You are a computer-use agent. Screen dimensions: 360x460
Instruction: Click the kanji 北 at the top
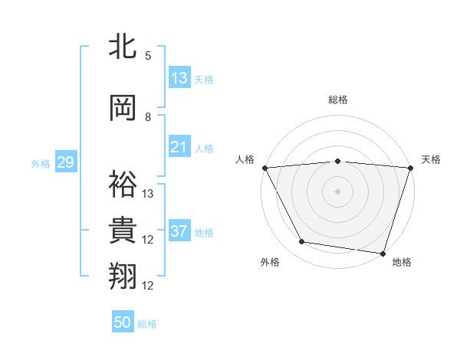coord(123,46)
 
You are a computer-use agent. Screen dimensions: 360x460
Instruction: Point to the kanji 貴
coord(123,229)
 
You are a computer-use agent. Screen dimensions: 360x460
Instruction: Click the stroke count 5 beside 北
coord(148,55)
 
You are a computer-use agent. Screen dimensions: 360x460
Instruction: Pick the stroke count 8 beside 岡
coord(148,117)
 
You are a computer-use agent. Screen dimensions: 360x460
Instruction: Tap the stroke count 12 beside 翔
coord(148,286)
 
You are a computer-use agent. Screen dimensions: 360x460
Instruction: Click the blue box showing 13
coord(179,78)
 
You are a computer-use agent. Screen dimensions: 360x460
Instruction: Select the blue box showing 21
coord(179,147)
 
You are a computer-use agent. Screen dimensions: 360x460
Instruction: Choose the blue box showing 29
coord(65,162)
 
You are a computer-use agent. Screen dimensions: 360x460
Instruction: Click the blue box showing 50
coord(123,322)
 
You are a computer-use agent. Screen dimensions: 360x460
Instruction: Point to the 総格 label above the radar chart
coord(337,100)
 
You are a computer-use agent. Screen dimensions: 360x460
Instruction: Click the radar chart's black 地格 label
coord(402,262)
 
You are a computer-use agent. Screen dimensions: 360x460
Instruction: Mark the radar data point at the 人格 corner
coord(264,167)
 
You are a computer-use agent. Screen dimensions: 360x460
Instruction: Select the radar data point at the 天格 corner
coord(410,167)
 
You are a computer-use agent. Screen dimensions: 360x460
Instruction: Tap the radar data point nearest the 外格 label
coord(302,242)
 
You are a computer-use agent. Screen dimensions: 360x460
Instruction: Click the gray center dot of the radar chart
coord(337,191)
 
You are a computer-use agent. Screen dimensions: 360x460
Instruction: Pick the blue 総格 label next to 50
coord(147,324)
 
